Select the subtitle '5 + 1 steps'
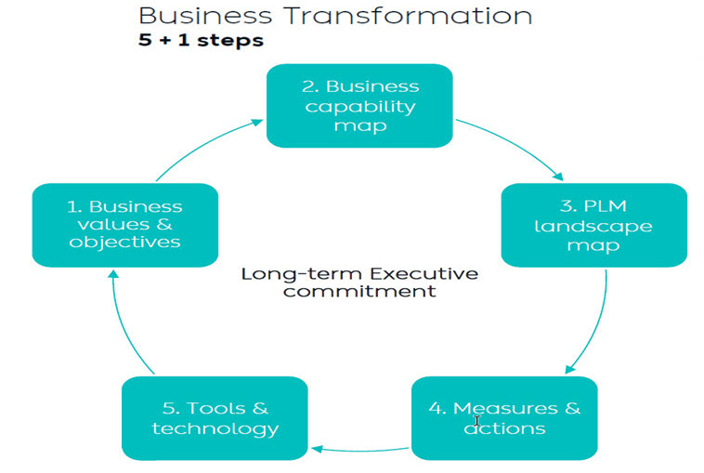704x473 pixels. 201,40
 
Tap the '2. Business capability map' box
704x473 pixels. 359,105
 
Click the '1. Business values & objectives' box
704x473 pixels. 124,225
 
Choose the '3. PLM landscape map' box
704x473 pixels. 593,225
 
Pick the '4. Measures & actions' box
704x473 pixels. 504,417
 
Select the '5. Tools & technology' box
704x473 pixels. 215,417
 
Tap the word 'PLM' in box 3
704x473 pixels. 606,205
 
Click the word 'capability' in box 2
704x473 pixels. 361,105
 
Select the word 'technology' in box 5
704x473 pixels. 215,428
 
